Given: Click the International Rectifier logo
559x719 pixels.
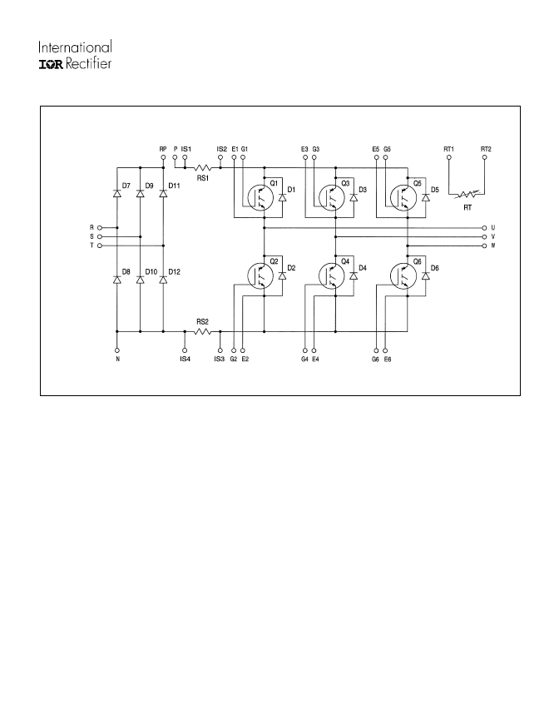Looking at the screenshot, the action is [x=75, y=55].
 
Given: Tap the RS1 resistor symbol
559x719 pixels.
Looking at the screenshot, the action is [x=202, y=168].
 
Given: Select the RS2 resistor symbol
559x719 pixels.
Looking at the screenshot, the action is [x=202, y=331].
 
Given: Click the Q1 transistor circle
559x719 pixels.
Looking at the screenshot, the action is [x=260, y=197].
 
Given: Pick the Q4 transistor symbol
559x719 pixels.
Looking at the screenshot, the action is [x=331, y=275].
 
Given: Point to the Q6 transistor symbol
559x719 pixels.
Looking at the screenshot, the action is [x=403, y=275].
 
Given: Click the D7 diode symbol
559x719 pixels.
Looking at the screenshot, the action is [x=116, y=194].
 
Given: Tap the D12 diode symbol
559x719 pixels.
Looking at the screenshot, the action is [x=163, y=280].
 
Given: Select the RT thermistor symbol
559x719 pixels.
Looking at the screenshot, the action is [x=467, y=195].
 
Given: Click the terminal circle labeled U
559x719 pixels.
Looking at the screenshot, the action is [x=485, y=227].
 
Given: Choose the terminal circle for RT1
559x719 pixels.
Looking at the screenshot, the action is [x=449, y=157].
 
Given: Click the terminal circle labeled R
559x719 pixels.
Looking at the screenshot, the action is [x=100, y=227].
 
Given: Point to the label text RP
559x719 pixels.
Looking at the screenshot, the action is [x=163, y=149].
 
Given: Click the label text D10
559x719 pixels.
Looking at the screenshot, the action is [x=151, y=272].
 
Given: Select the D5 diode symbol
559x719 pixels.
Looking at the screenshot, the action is [x=426, y=197].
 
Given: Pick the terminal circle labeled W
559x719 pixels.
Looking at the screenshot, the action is [x=485, y=245].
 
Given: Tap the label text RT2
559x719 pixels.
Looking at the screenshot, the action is [x=486, y=149].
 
